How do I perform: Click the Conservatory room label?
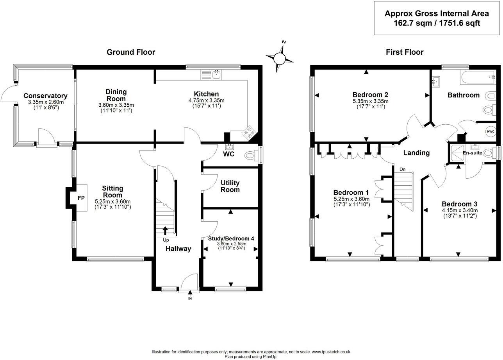point(45,96)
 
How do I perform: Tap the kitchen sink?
point(211,75)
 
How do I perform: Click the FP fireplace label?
point(81,198)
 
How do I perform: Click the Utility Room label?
point(230,186)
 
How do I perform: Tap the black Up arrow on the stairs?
point(165,231)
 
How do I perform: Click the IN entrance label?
point(190,298)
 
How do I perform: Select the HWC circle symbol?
point(491,131)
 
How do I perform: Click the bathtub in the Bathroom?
point(478,77)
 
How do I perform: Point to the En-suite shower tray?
point(456,153)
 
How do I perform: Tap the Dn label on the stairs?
point(402,169)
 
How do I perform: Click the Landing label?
point(416,153)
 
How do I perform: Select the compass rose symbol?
point(279,58)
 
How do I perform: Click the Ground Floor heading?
point(131,52)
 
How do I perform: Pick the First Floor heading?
point(405,52)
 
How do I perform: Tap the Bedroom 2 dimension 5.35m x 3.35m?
point(370,101)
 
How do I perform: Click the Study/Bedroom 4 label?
point(231,239)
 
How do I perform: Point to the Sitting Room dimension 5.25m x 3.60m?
point(112,202)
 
